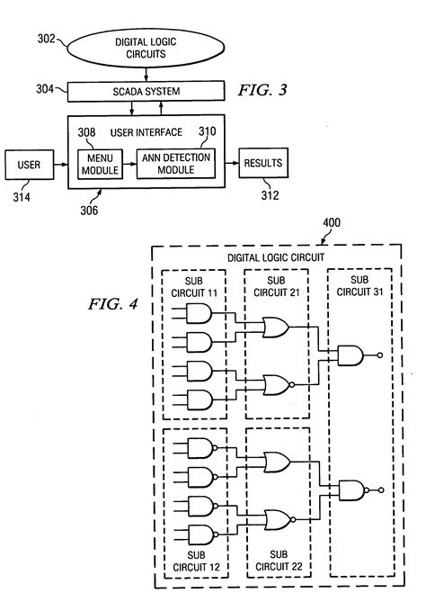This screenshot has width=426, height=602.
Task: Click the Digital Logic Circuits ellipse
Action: pyautogui.click(x=143, y=47)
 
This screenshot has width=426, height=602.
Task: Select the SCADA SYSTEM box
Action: pyautogui.click(x=144, y=91)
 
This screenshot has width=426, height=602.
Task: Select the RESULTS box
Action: pyautogui.click(x=262, y=164)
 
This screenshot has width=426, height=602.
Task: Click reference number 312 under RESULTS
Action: pyautogui.click(x=267, y=194)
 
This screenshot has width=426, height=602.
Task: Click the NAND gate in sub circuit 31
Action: pyautogui.click(x=351, y=355)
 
